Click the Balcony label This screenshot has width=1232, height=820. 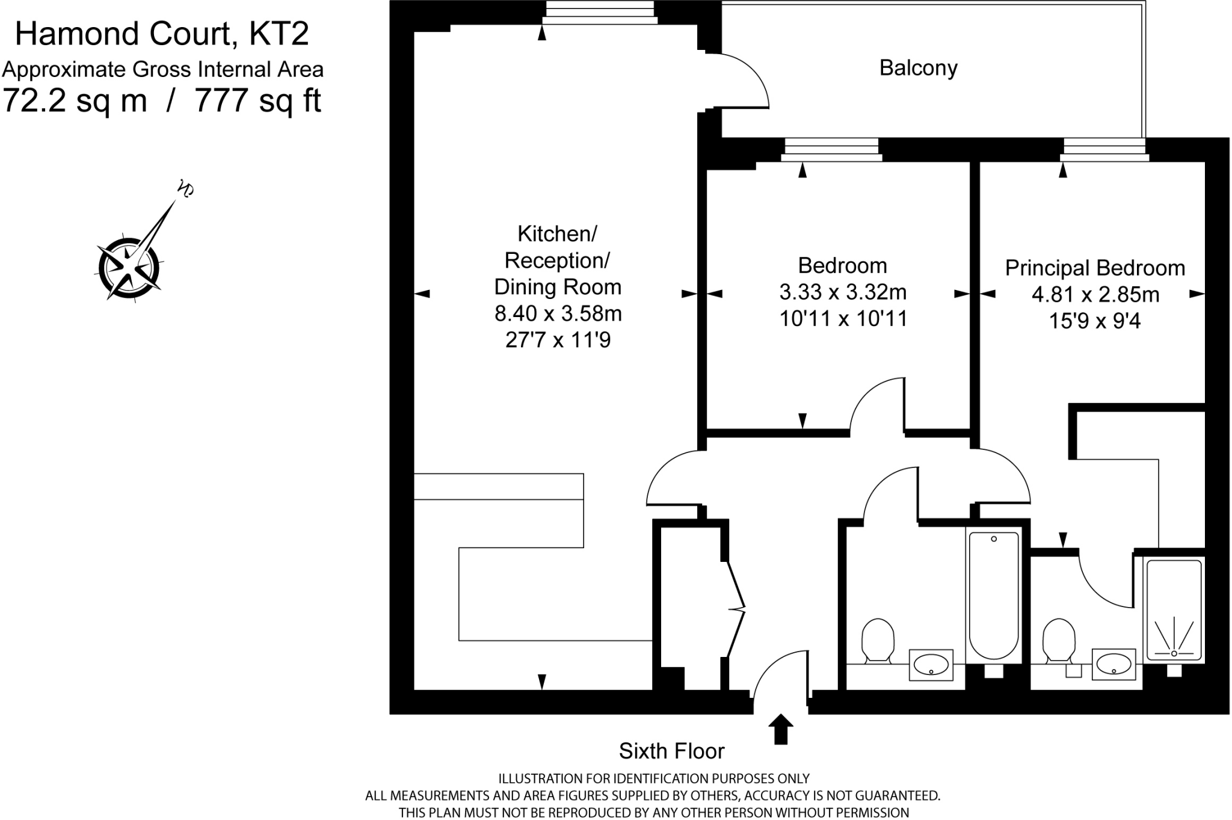[918, 68]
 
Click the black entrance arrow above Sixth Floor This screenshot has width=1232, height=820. [780, 729]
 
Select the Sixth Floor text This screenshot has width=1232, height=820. [671, 751]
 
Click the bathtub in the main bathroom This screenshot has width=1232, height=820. [993, 596]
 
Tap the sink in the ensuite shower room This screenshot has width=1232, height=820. [1113, 664]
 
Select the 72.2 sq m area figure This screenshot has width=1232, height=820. [75, 100]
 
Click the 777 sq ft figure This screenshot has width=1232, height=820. [258, 100]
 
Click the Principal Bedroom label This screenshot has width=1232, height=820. [1095, 268]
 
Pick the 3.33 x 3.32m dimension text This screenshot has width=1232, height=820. [843, 292]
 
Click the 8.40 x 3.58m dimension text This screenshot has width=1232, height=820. [558, 313]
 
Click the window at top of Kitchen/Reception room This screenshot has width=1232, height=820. [600, 12]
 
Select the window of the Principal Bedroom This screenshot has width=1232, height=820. [1104, 149]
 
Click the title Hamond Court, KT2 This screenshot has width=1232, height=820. [162, 34]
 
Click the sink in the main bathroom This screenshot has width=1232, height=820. [931, 664]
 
